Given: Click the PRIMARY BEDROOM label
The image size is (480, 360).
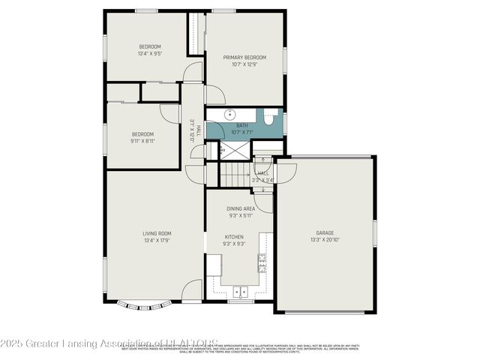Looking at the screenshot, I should pos(245,57).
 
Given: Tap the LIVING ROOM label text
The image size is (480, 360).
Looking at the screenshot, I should pos(157,233).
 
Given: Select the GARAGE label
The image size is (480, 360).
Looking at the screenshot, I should pos(325,233).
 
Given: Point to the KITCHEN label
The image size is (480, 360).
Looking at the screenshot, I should pos(234,237).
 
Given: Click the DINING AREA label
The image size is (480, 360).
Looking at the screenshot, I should pos(240,208).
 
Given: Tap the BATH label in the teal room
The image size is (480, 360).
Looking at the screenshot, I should pos(242,125).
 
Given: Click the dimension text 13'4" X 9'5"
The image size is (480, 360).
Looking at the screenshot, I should pos(150,54).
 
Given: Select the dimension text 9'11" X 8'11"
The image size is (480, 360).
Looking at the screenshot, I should pos(142,141).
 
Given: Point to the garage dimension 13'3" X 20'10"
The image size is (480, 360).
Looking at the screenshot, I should pos(325,240).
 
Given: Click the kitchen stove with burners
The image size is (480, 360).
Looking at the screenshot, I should pos(263,261).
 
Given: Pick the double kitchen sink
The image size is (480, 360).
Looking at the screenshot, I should pos(240,292).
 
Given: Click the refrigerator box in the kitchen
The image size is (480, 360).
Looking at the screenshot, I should pos(214,265).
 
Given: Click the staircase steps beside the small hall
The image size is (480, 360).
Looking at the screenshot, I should pos(235,175).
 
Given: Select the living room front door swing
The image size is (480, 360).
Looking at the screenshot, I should pos(192,291).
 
